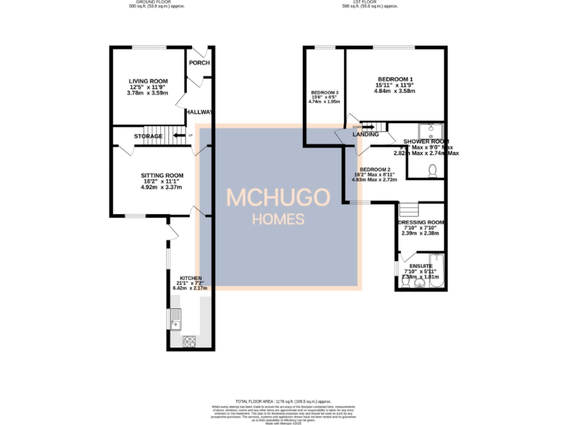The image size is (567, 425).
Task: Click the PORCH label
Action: tap(198, 63)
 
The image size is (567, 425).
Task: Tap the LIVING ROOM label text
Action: tap(148, 81)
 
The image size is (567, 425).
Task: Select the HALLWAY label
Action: tap(199, 112)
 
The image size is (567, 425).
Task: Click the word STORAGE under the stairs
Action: tap(148, 137)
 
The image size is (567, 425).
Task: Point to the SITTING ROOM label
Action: tap(162, 176)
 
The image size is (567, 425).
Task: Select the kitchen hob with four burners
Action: tap(188, 341)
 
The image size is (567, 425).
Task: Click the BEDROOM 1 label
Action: tap(396, 80)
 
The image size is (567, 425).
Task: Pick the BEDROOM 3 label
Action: tap(325, 94)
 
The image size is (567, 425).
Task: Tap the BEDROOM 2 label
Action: tap(375, 169)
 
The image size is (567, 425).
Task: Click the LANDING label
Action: tap(365, 135)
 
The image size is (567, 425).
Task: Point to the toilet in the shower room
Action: tap(433, 170)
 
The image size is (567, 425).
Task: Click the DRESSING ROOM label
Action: tap(421, 222)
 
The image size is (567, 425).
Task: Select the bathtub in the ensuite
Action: tap(435, 272)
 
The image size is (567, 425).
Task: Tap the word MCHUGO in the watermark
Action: tap(278, 198)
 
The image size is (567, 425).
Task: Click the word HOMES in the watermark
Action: tap(278, 219)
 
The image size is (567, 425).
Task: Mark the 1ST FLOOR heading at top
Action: tap(370, 2)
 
